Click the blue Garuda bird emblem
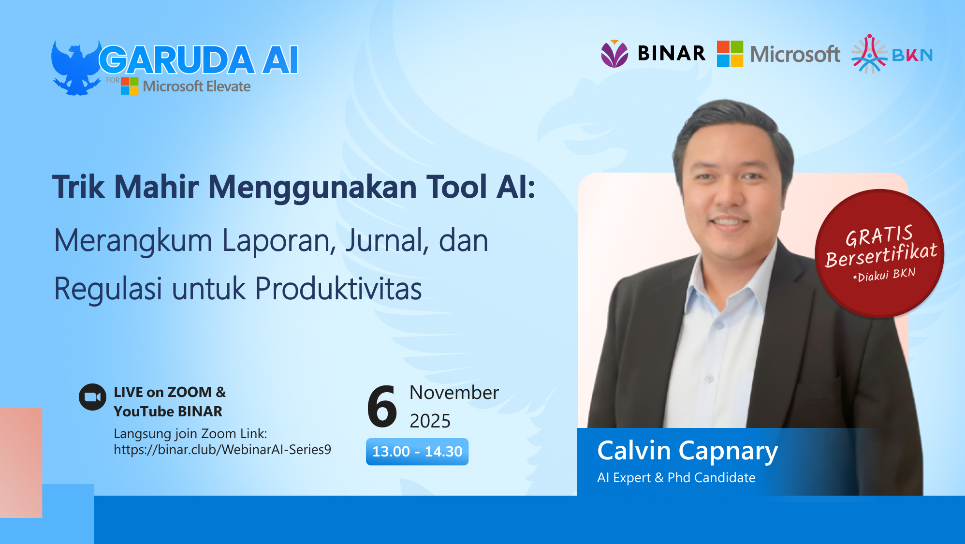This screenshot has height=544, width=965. tap(75, 68)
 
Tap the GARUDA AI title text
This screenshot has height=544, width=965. tap(199, 60)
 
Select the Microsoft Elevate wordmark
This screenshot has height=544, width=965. tap(196, 87)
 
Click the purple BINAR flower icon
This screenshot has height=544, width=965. tap(614, 54)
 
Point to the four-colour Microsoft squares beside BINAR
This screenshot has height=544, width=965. tap(730, 54)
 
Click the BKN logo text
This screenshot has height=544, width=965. tap(912, 55)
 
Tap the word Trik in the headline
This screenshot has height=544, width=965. tap(78, 187)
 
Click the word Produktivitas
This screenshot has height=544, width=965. tap(338, 289)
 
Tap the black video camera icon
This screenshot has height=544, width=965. tap(92, 397)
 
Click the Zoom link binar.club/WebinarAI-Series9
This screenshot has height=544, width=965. tap(222, 450)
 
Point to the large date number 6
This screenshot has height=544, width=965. tap(382, 407)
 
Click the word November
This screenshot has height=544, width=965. tap(454, 393)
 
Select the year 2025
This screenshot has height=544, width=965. tap(430, 421)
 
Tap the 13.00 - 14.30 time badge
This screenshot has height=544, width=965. tap(417, 452)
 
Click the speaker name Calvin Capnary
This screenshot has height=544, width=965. tap(687, 451)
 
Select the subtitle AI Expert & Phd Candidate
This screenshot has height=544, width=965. tap(676, 478)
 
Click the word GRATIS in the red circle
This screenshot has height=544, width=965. tap(878, 236)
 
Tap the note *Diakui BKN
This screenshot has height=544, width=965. tap(884, 275)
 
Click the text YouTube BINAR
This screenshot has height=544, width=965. tap(168, 412)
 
